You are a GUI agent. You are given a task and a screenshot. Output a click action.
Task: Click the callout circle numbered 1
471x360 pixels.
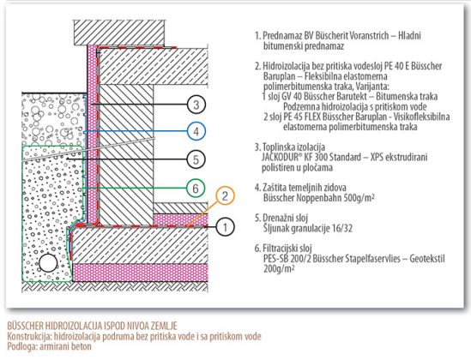coord(225,227)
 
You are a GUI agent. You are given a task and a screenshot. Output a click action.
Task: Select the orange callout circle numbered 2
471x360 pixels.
coord(225,195)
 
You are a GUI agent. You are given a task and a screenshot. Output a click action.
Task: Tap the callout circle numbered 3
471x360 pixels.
coord(196,105)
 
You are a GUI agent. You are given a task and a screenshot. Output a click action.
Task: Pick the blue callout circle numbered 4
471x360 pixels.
coord(196,131)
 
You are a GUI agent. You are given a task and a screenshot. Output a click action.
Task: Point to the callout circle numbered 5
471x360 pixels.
coord(196,159)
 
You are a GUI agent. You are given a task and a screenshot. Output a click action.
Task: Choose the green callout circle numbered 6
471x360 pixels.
coord(196,189)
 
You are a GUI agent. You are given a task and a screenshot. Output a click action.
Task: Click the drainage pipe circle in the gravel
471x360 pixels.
coord(48,263)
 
